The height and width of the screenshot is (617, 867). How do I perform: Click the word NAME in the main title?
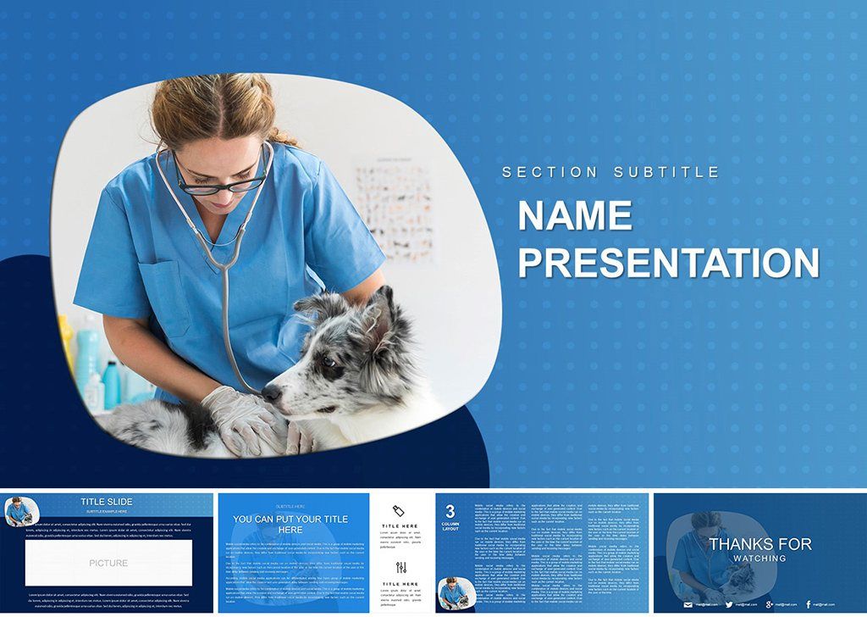(x=575, y=216)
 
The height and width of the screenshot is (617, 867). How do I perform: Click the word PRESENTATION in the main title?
(x=668, y=263)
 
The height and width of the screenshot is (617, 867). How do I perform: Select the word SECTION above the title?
(x=549, y=172)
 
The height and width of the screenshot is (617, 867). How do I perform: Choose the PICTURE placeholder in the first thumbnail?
(x=108, y=563)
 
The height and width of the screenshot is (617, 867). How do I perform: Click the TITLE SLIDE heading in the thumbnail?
(x=107, y=502)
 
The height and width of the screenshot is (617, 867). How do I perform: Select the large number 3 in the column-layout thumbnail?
(x=450, y=511)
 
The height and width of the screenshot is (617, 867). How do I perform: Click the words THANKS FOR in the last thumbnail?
(x=759, y=544)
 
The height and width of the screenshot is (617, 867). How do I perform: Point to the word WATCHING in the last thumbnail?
(x=759, y=559)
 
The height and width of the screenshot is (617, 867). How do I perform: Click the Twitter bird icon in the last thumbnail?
(x=728, y=604)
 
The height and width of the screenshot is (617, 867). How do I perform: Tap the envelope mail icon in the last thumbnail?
(x=688, y=604)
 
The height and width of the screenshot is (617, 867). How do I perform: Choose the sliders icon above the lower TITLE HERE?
(x=400, y=567)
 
